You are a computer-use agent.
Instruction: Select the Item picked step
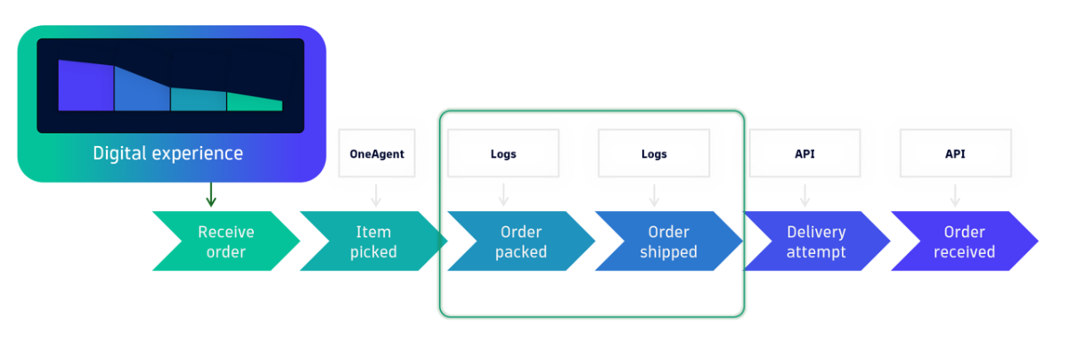373,241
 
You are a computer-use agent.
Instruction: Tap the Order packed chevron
521,241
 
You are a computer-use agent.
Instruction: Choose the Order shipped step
668,241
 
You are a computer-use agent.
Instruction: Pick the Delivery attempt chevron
816,241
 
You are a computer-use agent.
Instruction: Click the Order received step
963,241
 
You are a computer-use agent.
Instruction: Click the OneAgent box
376,154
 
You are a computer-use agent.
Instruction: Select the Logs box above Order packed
503,154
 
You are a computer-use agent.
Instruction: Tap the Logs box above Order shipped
654,154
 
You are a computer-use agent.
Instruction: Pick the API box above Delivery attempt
804,154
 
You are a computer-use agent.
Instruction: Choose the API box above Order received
955,154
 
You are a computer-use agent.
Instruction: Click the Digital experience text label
167,153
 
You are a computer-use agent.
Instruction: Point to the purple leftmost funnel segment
86,86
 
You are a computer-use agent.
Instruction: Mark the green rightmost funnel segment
254,102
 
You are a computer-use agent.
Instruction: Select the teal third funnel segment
198,98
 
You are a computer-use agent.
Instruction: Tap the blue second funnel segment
142,90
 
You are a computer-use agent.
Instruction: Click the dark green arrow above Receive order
211,194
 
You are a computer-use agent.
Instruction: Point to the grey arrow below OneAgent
376,194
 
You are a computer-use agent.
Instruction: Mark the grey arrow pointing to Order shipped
654,194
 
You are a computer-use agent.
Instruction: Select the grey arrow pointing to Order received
955,194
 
